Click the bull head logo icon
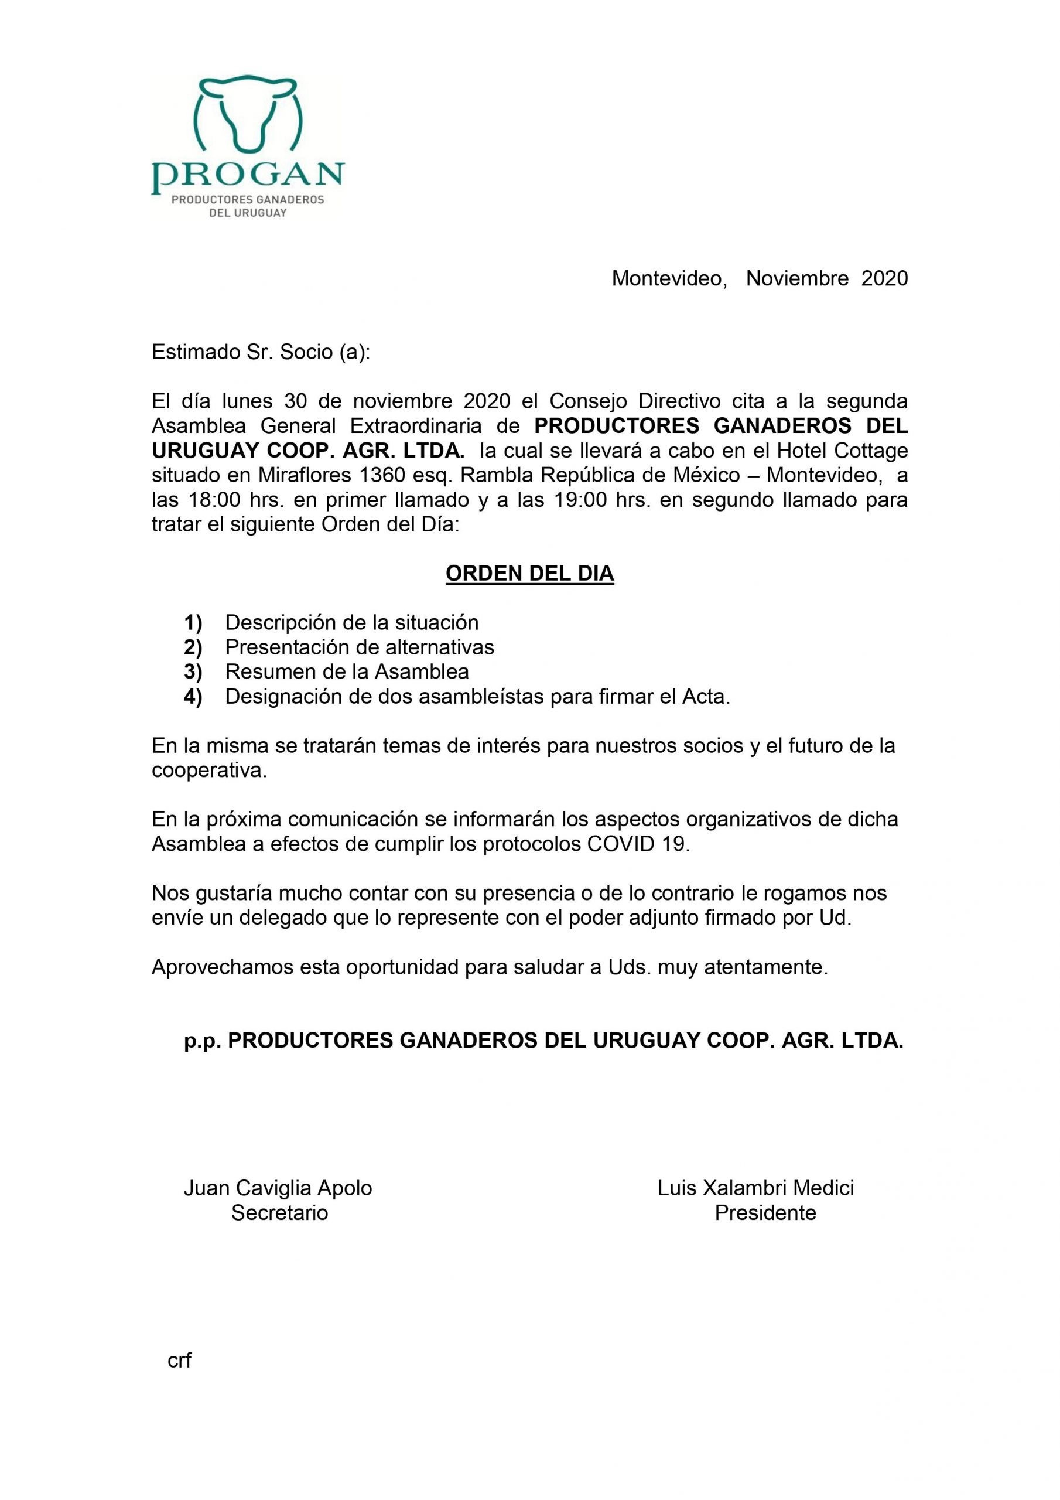point(248,115)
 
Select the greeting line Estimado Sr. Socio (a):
point(261,353)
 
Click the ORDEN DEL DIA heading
point(529,574)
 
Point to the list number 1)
point(193,623)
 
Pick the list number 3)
point(193,671)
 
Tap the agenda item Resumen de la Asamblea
point(347,671)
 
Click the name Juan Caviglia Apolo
point(278,1188)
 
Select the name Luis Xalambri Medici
point(755,1188)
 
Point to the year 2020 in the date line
point(884,279)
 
